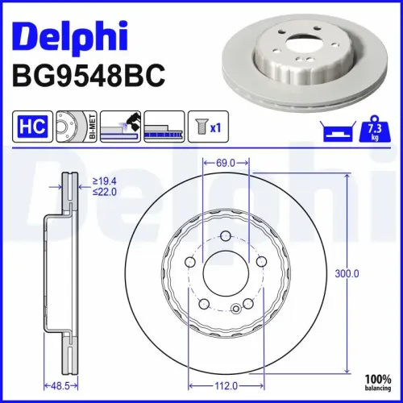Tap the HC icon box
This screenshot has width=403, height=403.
[29, 127]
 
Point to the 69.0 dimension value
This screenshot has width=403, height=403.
[225, 164]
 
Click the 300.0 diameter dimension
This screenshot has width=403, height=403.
[347, 274]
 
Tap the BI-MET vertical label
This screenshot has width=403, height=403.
[92, 127]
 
